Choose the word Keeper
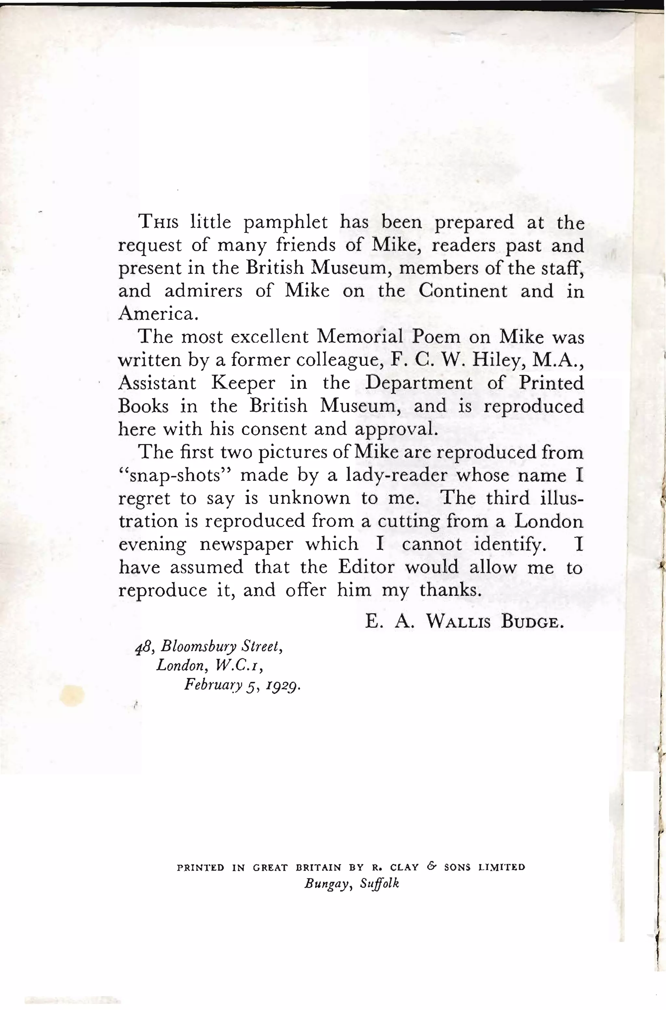click(x=243, y=383)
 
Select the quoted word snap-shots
click(x=175, y=475)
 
